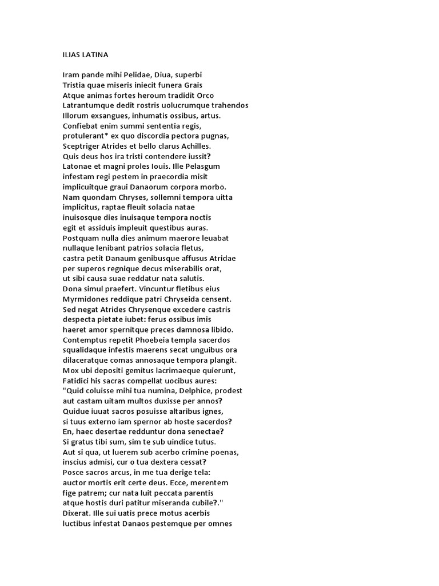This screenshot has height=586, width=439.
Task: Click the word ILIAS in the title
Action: (71, 55)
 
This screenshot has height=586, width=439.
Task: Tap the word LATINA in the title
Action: (95, 55)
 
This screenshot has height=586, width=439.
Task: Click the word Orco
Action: (205, 95)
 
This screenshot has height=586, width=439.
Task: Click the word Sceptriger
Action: (81, 146)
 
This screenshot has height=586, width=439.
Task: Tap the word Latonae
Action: (77, 167)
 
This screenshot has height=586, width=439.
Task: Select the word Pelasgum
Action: (201, 167)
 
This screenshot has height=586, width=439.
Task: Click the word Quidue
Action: (76, 411)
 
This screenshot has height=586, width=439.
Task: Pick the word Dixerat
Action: (77, 513)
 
